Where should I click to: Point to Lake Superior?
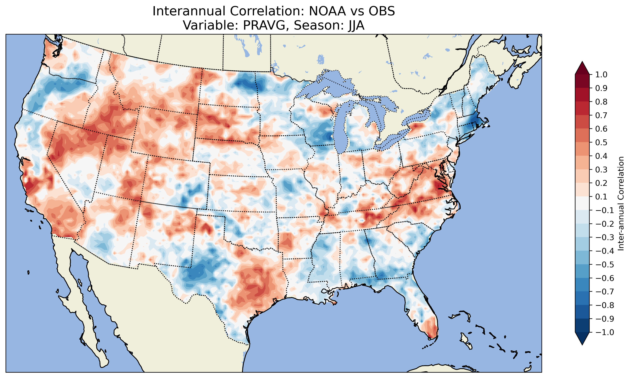tap(329, 82)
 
